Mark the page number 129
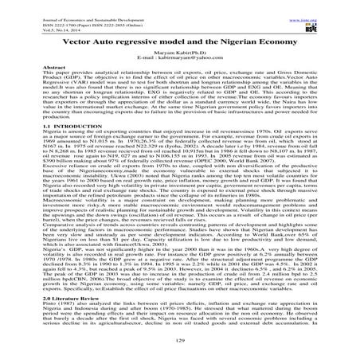(179, 340)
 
